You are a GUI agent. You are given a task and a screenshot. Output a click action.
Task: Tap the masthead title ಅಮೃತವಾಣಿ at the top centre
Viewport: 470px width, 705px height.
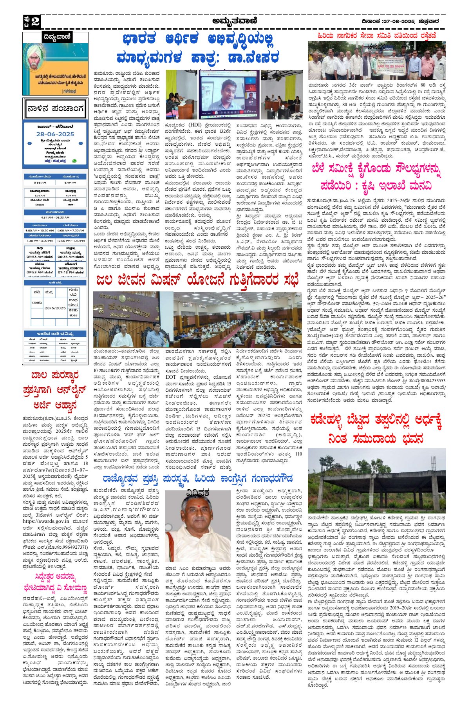click(x=235, y=22)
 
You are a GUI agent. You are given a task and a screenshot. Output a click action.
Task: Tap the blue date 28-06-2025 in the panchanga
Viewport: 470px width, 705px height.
click(x=55, y=134)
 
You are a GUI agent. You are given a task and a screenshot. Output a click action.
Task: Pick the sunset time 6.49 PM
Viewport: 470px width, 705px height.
click(x=70, y=183)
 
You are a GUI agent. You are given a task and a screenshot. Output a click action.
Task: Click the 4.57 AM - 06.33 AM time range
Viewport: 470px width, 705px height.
click(x=55, y=217)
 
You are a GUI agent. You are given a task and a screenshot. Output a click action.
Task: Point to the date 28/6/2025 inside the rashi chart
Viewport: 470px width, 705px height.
click(x=55, y=308)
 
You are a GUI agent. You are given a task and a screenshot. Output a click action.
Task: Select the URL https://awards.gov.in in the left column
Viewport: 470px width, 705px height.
click(x=46, y=521)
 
